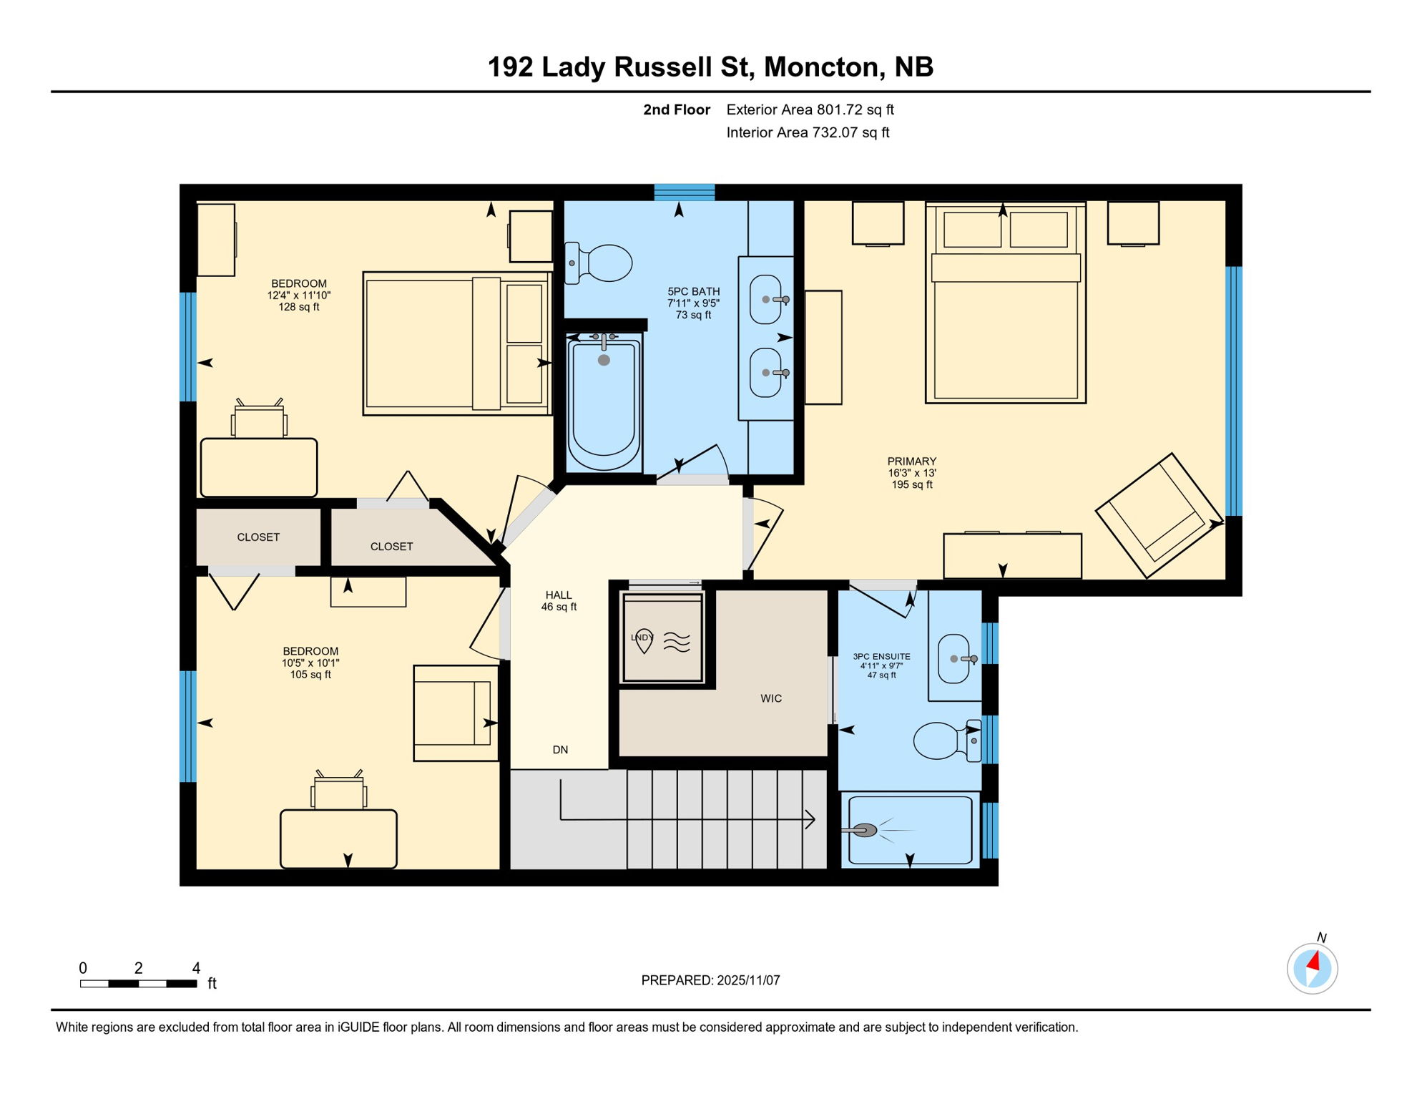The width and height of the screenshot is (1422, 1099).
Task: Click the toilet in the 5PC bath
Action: [x=601, y=263]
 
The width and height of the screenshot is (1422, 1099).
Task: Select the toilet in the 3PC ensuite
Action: [x=943, y=740]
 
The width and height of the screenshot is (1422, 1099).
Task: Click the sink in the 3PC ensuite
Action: [x=954, y=658]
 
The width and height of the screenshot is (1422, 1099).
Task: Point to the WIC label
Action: [x=770, y=698]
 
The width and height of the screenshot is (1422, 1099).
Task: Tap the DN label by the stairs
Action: [x=560, y=750]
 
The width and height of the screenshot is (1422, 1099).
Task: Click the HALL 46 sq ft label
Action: [x=559, y=601]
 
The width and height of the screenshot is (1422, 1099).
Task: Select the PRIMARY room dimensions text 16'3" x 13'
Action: [x=912, y=473]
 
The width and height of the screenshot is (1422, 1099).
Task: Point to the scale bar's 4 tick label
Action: [x=196, y=968]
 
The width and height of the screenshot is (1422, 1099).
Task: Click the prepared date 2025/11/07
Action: [x=748, y=980]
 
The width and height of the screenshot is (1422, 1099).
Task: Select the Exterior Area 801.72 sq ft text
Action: [x=810, y=109]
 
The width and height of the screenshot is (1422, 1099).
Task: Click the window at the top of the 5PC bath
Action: [x=684, y=192]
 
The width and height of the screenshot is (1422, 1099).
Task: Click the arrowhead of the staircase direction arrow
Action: [x=811, y=819]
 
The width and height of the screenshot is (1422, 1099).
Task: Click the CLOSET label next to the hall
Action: [x=391, y=547]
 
